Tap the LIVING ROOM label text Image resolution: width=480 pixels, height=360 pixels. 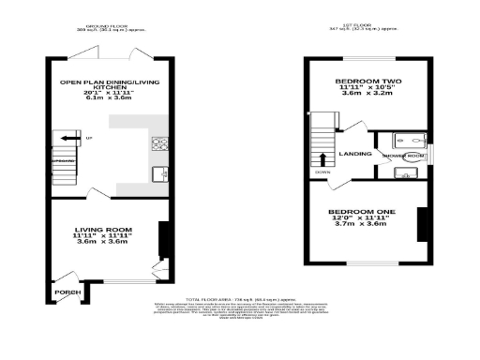click(x=103, y=230)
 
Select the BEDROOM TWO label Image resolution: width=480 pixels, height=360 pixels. click(x=368, y=82)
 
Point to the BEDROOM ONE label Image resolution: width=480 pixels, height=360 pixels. click(x=361, y=212)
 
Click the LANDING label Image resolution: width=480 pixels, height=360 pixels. click(x=354, y=153)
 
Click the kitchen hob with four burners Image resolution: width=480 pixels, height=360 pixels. click(x=157, y=143)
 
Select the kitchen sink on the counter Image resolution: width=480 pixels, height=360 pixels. click(x=158, y=172)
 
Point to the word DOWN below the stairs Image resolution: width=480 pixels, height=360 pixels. click(x=322, y=173)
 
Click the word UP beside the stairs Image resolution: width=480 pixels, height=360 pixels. click(x=89, y=140)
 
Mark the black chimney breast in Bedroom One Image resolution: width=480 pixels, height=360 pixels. click(x=421, y=222)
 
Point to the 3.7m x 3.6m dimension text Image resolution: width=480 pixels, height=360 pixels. click(x=361, y=226)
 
